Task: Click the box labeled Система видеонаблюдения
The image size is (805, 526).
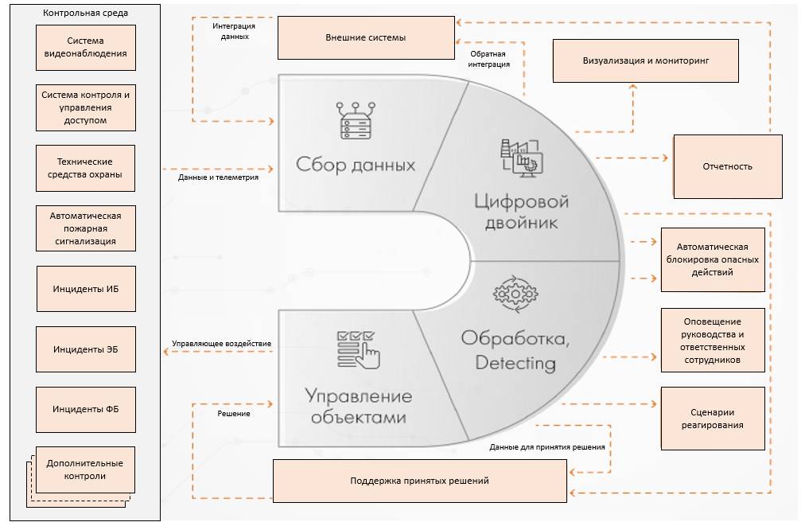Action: point(86,48)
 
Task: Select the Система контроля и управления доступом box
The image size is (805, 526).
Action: point(86,107)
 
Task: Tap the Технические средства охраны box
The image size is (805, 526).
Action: point(86,168)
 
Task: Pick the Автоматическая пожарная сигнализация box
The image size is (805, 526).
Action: point(86,228)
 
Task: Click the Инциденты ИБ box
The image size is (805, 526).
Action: point(86,289)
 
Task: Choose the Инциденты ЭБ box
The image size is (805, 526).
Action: point(86,349)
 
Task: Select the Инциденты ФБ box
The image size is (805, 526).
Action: point(86,409)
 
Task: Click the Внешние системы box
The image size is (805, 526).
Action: point(366,38)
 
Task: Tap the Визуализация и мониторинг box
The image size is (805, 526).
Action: point(645,60)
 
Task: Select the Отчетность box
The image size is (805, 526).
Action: point(728,166)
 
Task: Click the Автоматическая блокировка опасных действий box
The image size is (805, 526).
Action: point(713,260)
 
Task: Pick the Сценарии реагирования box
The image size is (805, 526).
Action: point(713,419)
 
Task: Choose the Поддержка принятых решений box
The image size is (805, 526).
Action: point(419,481)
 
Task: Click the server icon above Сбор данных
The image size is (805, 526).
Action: point(356,121)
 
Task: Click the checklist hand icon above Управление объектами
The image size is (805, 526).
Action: point(358,349)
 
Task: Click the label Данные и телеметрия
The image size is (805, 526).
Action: point(218,177)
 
